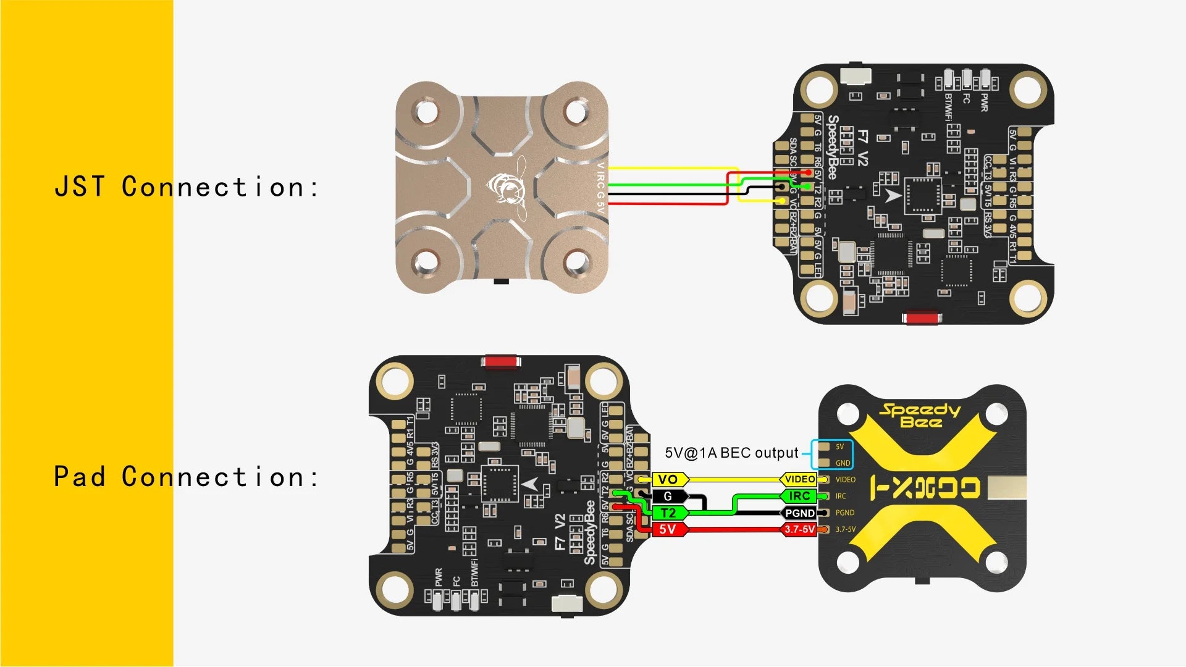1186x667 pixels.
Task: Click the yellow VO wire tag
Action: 668,479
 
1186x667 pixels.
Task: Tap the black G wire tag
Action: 668,496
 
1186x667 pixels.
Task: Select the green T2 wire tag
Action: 668,513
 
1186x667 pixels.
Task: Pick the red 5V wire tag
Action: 668,529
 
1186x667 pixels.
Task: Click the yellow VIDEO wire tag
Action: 800,479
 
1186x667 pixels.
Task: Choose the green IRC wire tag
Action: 800,496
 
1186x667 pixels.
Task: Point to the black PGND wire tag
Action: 800,513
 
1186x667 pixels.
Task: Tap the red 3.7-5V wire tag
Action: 800,529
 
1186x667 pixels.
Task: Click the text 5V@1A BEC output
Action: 731,453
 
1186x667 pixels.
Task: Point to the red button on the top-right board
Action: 921,318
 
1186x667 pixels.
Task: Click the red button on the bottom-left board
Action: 502,361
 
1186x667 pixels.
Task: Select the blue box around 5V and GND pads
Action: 831,455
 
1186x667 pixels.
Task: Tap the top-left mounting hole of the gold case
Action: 426,112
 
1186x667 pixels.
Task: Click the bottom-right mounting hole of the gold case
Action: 577,262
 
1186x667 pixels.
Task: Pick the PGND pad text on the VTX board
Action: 845,513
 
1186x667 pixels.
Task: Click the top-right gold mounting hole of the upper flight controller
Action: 1027,89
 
